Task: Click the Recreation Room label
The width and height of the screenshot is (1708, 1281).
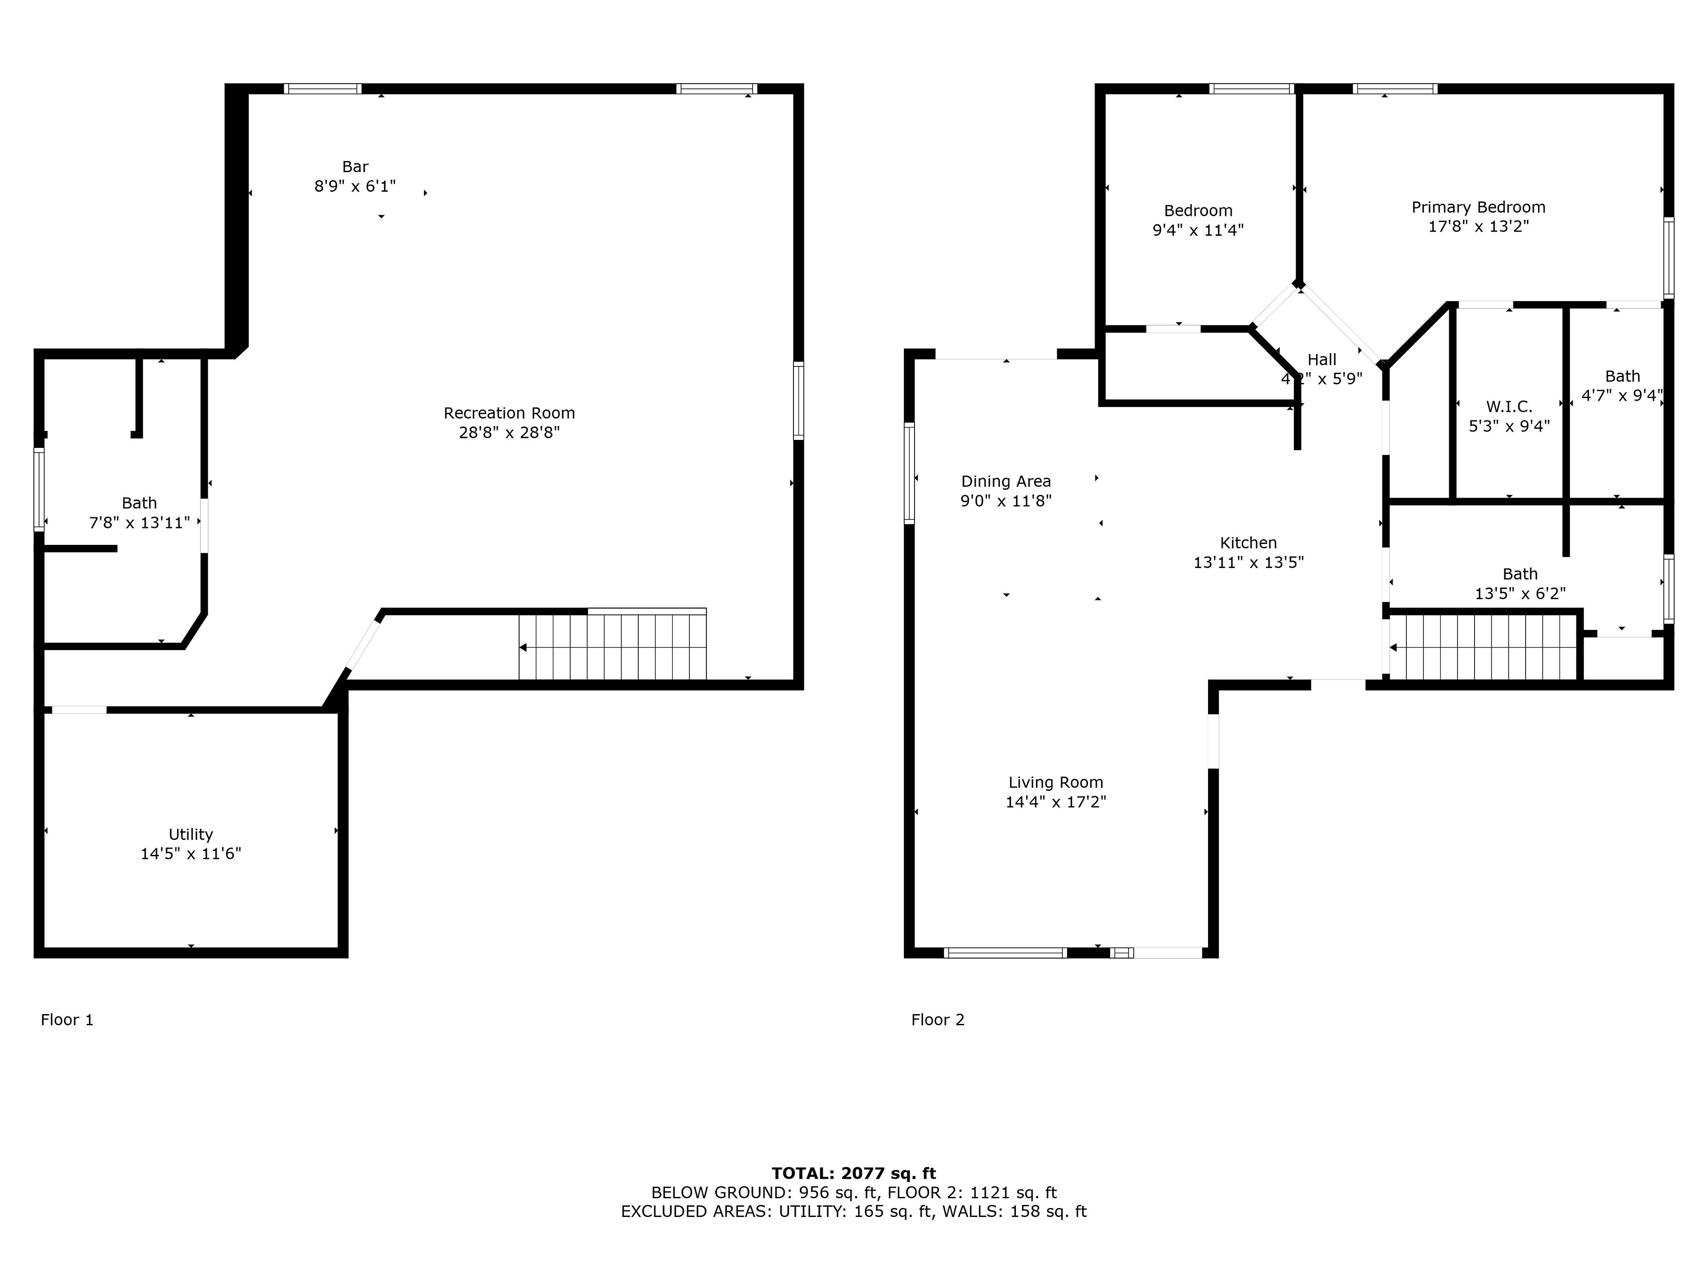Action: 509,413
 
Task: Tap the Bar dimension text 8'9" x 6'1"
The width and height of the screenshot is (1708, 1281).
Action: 355,186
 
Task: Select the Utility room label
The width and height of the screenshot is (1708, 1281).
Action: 191,835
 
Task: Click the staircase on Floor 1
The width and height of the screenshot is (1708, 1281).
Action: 612,645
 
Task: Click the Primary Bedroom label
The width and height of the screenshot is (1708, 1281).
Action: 1478,207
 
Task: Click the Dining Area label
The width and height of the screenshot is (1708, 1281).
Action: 1006,482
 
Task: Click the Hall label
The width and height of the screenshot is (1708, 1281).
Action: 1322,360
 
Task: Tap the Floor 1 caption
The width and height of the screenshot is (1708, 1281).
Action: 67,1020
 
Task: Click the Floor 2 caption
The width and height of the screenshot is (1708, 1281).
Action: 938,1020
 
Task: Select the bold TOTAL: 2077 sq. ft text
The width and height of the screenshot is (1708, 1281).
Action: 854,1174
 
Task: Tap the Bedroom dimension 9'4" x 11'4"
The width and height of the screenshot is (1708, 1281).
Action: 1198,230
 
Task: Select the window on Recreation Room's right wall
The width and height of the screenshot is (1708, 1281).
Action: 798,401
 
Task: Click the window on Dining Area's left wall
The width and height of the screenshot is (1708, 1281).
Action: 910,473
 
